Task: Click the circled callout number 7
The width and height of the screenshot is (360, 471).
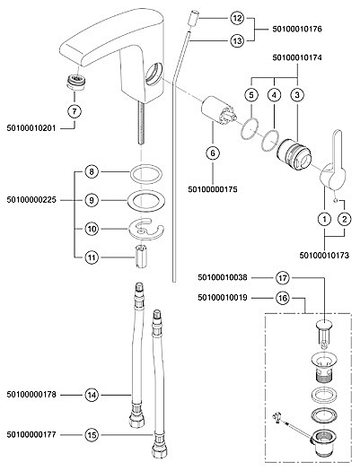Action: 75,111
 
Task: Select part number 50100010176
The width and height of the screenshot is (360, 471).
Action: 297,29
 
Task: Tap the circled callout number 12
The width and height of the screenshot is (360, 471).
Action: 237,18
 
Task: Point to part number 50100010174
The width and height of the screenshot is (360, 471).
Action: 297,57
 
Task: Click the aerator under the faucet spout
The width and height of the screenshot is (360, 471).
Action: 75,82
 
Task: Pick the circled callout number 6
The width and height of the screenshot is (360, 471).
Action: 213,153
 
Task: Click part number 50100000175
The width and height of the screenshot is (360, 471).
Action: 213,189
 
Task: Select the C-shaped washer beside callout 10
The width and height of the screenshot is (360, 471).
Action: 145,230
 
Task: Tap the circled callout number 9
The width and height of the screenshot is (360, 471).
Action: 92,200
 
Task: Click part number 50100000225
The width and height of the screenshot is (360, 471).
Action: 31,200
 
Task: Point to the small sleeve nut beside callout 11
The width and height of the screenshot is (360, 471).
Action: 141,257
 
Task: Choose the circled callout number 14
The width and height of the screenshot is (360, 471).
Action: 92,395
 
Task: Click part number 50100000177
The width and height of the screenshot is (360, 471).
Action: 31,434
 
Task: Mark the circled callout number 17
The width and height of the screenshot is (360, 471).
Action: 283,278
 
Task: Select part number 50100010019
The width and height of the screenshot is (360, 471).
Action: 223,298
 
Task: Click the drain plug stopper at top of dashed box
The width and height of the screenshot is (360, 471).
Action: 324,334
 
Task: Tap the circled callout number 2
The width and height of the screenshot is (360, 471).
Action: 345,219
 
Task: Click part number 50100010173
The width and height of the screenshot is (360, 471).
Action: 324,256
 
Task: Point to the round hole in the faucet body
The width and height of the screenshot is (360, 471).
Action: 154,74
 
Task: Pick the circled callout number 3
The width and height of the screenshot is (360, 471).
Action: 297,95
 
